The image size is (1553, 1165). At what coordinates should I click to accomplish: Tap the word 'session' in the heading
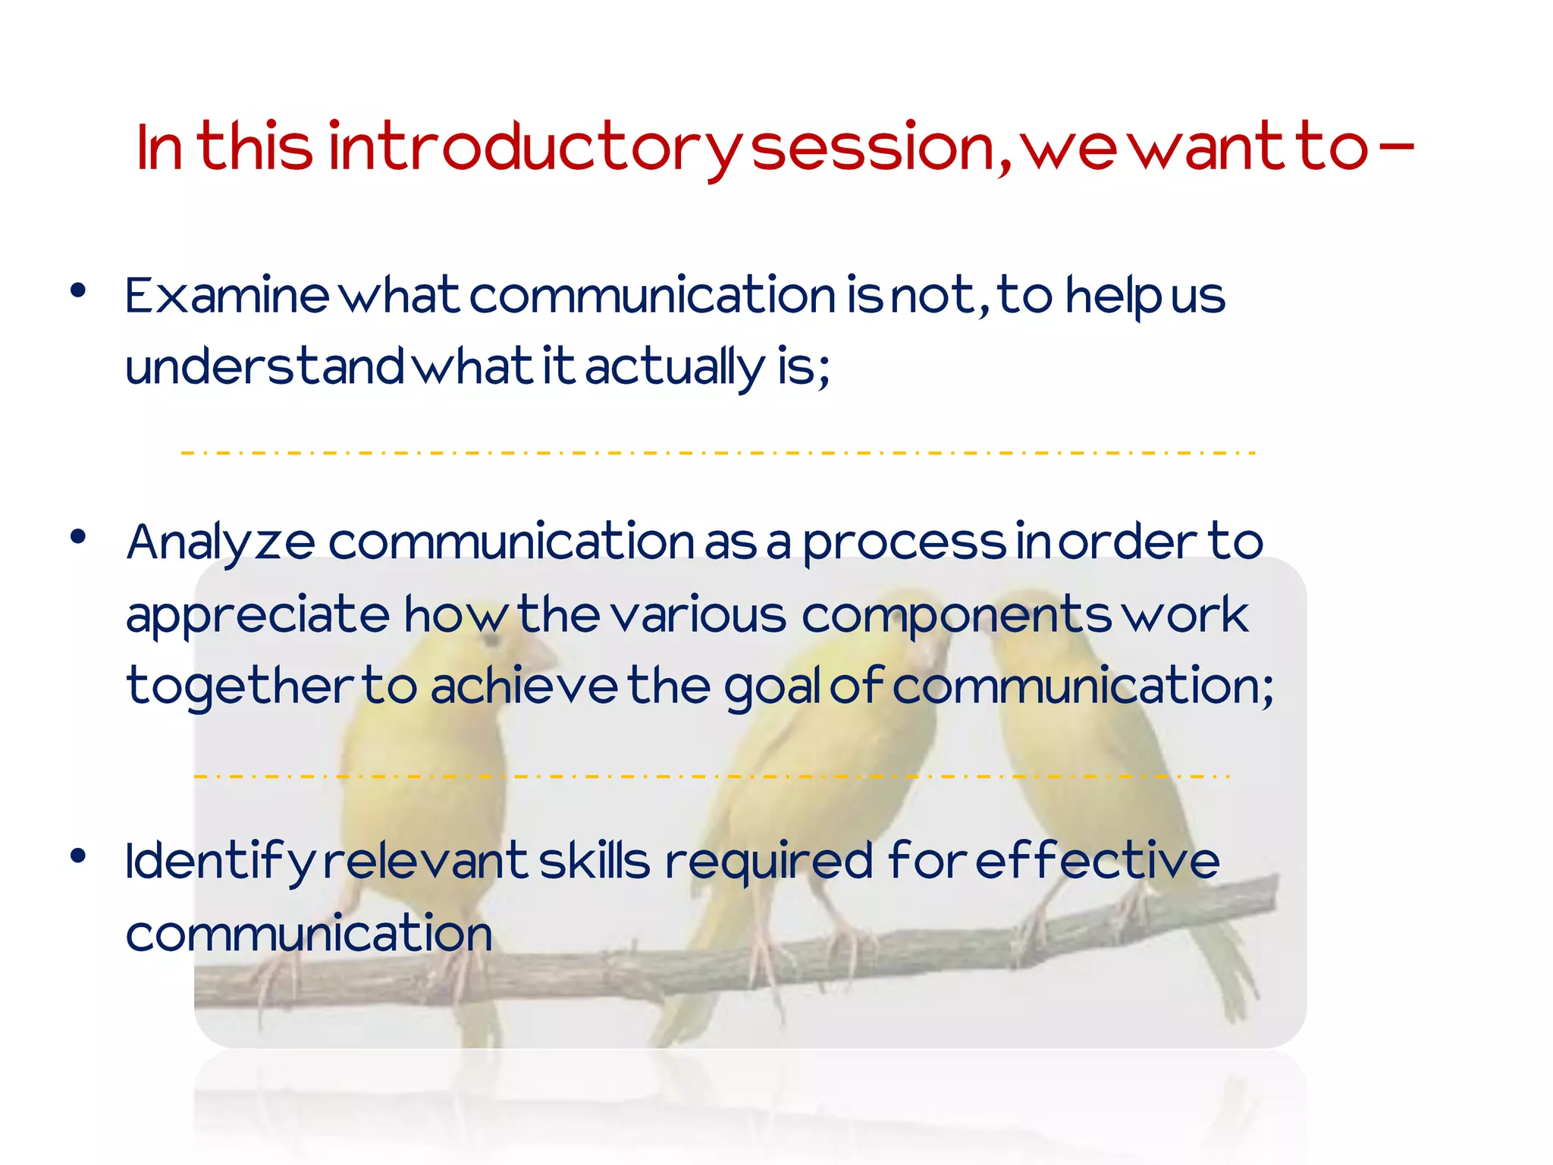pos(872,147)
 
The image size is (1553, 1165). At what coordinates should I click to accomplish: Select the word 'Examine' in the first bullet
pos(227,295)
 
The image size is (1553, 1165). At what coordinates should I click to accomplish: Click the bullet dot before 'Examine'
pos(77,290)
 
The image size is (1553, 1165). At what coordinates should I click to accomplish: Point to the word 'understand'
pos(265,366)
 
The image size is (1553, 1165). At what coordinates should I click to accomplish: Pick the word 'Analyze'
pos(221,543)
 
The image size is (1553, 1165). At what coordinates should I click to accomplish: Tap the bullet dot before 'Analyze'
pos(77,536)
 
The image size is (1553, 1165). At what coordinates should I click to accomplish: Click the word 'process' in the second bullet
pos(904,543)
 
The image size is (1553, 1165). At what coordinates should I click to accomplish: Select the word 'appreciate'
pos(258,615)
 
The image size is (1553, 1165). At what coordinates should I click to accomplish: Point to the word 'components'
pos(956,615)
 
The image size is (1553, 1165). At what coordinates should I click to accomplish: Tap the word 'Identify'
pos(219,862)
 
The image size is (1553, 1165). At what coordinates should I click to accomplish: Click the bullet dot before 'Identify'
pos(77,856)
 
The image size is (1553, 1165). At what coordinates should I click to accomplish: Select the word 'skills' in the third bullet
pos(595,862)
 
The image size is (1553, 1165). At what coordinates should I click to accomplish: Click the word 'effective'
pos(1097,862)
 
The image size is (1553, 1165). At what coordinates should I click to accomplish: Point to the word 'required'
pos(769,862)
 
